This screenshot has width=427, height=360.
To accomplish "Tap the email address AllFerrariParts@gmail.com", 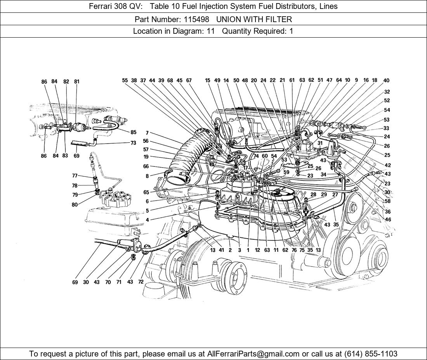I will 253,354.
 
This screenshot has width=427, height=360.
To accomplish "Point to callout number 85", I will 133,132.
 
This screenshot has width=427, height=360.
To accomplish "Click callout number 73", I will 133,143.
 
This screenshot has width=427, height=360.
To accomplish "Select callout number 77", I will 75,176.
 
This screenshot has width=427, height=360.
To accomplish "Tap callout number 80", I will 75,205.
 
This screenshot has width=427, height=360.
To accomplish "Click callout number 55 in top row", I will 125,81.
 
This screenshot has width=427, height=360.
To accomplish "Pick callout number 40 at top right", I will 386,81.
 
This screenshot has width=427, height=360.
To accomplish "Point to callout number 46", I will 388,220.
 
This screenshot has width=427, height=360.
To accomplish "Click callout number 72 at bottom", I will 141,282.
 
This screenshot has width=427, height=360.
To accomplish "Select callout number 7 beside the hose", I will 147,133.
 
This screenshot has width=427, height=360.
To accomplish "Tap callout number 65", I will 146,192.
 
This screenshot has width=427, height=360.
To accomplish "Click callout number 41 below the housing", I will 221,250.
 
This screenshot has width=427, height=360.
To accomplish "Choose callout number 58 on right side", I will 388,201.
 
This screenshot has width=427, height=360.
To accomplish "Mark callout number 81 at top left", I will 77,82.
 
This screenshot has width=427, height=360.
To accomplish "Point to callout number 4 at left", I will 147,220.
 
